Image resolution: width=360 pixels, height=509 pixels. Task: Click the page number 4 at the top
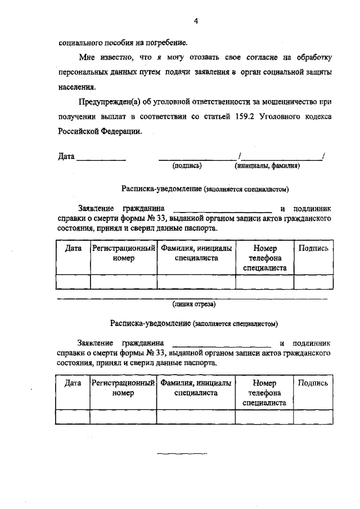pyautogui.click(x=196, y=21)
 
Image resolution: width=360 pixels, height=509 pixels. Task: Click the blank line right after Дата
pyautogui.click(x=101, y=159)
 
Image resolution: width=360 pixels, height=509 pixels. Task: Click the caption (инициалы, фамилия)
pyautogui.click(x=267, y=166)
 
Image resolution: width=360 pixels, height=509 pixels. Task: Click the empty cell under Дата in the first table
pyautogui.click(x=73, y=281)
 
